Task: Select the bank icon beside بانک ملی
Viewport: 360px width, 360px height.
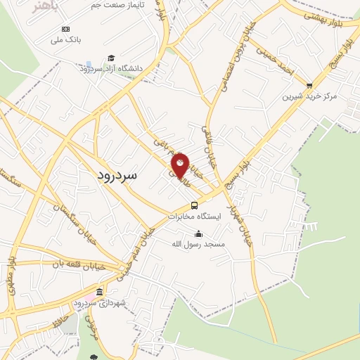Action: click(x=66, y=28)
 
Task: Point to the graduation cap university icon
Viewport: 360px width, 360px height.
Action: click(x=110, y=58)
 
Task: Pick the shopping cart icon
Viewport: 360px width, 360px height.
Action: click(x=309, y=85)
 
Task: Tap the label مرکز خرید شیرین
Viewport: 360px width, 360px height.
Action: click(x=310, y=95)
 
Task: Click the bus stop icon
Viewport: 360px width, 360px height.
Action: click(x=194, y=206)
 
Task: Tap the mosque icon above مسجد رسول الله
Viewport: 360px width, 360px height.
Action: click(x=199, y=233)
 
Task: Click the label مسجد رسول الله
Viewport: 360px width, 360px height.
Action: click(x=199, y=244)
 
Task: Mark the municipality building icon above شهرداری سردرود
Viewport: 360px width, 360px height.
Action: click(x=99, y=292)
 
